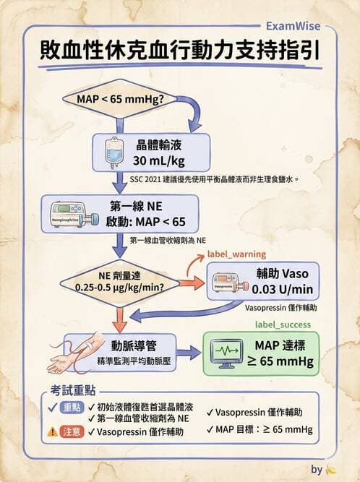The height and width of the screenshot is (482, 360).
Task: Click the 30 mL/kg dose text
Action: click(x=159, y=160)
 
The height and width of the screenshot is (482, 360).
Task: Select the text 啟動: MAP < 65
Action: click(x=156, y=222)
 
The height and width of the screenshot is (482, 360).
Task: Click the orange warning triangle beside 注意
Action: click(x=53, y=432)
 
